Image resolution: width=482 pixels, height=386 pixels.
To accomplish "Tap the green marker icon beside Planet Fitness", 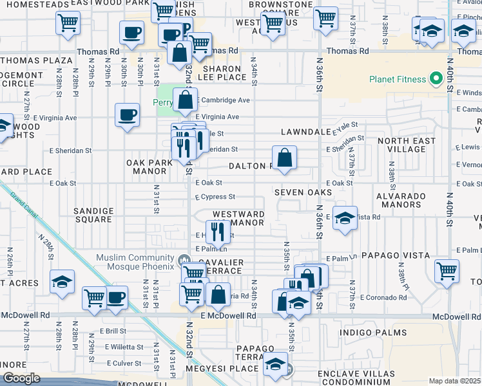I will pos(436,79).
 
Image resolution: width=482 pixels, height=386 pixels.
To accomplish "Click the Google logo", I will pos(21,378).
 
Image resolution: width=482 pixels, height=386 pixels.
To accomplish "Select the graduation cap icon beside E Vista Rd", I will pos(345,217).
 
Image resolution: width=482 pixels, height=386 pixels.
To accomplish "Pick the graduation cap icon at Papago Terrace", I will pos(276,364).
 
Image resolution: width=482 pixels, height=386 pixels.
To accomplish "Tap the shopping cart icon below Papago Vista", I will pos(447,270).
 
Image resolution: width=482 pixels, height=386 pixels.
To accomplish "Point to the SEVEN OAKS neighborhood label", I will pos(303,192).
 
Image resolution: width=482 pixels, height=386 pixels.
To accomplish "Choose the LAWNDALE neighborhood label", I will pos(305,132).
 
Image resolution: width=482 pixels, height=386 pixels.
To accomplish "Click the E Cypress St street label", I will pos(215,196).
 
